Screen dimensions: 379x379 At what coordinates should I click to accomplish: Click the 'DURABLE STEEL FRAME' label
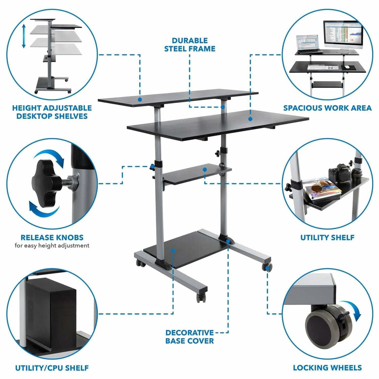189,45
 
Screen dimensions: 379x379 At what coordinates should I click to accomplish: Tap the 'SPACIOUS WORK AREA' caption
327,108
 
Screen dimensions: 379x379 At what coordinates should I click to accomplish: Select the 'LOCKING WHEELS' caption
327,367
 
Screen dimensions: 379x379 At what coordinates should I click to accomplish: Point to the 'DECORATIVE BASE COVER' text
189,337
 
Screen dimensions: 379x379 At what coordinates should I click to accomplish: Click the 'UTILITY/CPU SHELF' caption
52,368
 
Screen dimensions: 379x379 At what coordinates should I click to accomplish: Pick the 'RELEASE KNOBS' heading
52,237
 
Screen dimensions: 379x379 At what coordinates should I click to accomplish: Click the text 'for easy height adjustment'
52,246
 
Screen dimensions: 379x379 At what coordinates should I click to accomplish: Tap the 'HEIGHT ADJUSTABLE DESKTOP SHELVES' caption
52,112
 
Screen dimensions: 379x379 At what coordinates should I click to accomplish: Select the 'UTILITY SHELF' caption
327,238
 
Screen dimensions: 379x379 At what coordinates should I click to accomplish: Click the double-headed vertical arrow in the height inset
24,37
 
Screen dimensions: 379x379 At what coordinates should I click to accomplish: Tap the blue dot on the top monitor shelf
140,100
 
